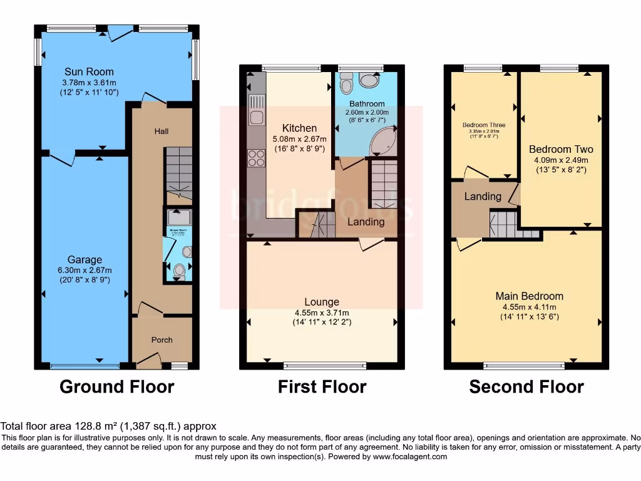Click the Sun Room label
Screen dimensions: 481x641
89,72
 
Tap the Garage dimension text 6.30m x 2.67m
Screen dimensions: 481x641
85,270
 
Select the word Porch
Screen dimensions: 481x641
162,340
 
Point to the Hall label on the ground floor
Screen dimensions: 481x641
162,131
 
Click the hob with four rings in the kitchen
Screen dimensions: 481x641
256,158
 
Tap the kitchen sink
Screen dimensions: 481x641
256,108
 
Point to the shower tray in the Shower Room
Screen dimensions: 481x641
179,217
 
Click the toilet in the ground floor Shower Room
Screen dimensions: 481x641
179,271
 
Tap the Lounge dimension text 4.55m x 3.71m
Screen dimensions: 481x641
322,313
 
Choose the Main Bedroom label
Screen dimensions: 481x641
529,296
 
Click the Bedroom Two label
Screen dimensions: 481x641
561,149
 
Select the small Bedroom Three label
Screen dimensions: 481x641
484,125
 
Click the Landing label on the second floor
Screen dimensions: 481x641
482,196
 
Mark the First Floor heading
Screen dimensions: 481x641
322,387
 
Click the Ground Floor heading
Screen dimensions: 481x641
116,387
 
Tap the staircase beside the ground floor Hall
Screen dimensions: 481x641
179,173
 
